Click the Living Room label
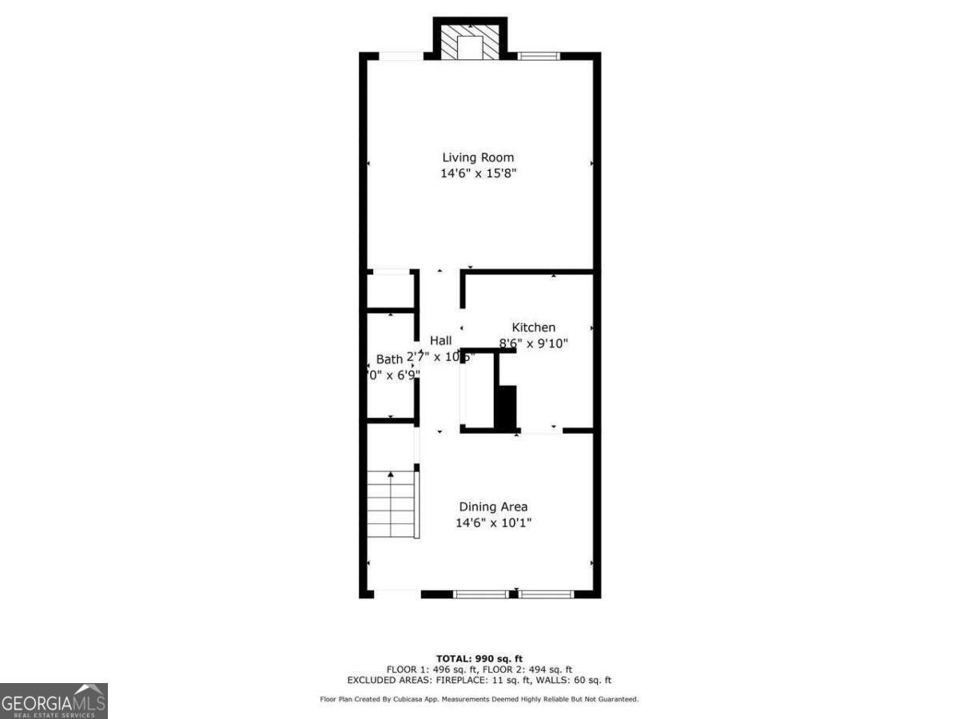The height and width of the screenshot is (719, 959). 478,157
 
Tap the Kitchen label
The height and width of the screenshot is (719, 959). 533,327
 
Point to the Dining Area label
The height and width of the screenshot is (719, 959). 493,506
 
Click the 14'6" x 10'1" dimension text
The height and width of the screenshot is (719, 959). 493,523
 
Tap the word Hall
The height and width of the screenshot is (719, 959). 440,340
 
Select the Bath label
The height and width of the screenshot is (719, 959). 389,359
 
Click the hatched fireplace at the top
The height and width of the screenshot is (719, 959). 470,40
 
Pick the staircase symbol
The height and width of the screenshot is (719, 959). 392,505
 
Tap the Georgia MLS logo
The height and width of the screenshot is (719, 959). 54,701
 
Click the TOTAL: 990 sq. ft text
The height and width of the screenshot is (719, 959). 479,658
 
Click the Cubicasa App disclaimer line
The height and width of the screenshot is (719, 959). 479,699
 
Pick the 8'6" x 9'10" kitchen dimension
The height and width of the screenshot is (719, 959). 534,343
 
